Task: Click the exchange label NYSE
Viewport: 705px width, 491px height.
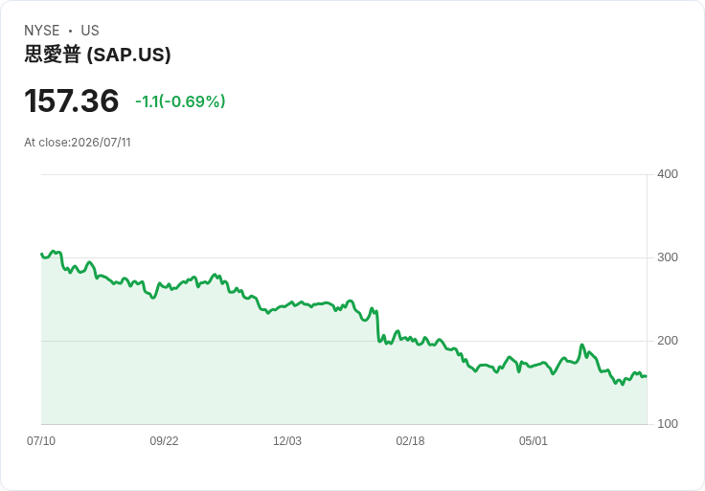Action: point(42,31)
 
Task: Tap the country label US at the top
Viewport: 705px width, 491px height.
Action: point(90,31)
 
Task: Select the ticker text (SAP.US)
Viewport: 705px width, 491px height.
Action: point(128,55)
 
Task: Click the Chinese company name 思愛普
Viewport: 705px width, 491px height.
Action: point(53,55)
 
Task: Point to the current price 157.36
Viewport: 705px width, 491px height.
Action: point(72,100)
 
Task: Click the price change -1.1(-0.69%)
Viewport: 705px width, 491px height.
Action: point(180,101)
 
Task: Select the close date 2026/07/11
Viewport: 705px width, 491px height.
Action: point(102,143)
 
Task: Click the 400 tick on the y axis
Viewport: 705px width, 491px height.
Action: point(668,174)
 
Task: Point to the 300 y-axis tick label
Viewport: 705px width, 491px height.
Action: point(668,257)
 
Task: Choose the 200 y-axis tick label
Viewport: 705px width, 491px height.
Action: point(668,341)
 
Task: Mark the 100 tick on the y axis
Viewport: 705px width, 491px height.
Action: point(668,424)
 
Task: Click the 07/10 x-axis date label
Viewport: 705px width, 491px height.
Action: point(41,440)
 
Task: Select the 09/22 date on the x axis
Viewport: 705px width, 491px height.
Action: point(164,440)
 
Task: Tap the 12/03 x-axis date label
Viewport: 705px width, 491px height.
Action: point(287,440)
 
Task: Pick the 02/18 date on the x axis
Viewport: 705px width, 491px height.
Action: point(410,440)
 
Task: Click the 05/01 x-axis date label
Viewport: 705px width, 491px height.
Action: point(534,440)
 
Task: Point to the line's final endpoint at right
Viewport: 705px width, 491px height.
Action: point(647,376)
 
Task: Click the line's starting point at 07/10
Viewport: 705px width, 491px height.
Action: point(41,254)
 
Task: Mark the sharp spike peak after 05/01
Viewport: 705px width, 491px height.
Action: point(581,345)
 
